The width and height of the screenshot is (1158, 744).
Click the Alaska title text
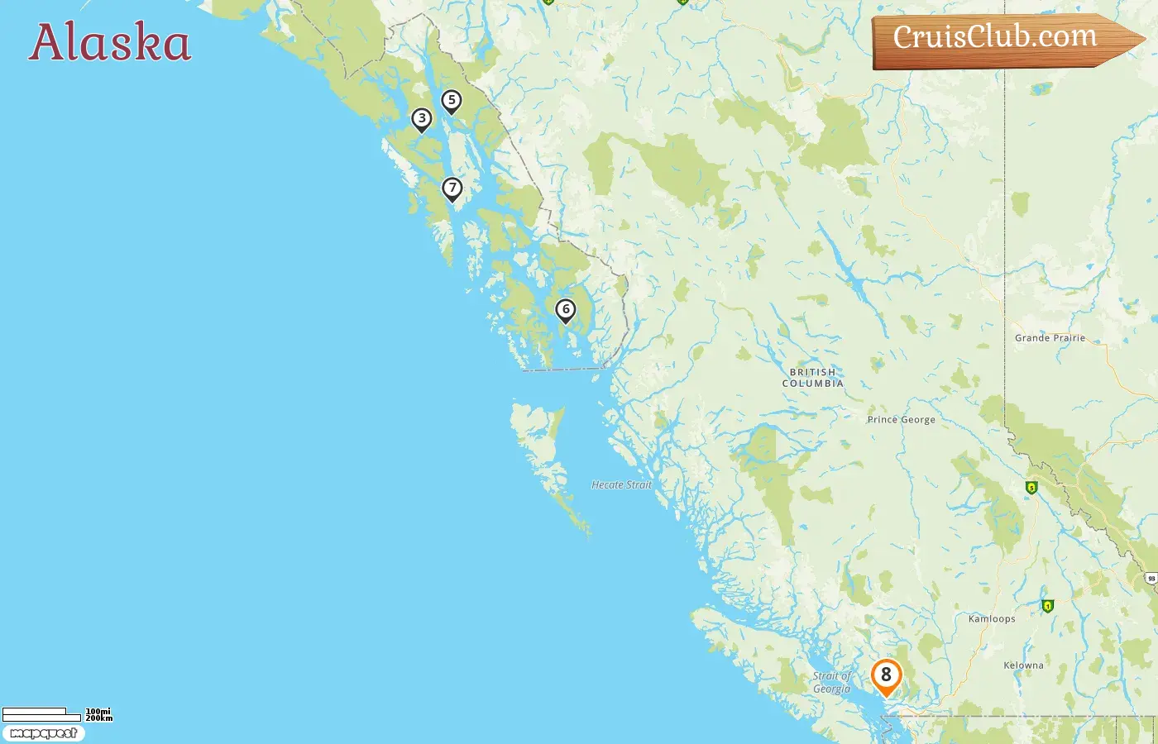coord(110,43)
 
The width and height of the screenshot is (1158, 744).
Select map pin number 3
coord(422,119)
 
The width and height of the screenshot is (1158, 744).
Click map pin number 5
coord(451,101)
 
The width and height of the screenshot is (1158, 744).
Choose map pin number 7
coord(452,188)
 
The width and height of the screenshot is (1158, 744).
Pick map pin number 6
coord(565,310)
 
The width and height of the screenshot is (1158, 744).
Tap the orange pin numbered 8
coord(886,675)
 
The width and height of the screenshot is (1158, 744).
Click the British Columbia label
coord(813,378)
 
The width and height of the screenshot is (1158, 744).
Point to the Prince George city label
coord(901,420)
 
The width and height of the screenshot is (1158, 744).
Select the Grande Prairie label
coord(1050,338)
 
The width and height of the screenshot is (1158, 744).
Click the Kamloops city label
coord(991,619)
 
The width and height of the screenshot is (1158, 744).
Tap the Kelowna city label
coord(1023,665)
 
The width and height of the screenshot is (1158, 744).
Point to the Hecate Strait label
coord(621,485)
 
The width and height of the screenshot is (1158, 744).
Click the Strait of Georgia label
coord(831,683)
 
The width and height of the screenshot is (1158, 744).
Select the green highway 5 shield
coord(1031,488)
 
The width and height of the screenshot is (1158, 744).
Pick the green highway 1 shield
coord(1048,606)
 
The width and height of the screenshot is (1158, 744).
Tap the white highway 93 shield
coord(1151,579)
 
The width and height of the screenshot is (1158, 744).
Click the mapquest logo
coord(43,733)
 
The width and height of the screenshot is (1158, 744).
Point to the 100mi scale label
coord(98,712)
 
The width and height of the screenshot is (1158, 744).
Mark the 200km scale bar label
coord(98,718)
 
